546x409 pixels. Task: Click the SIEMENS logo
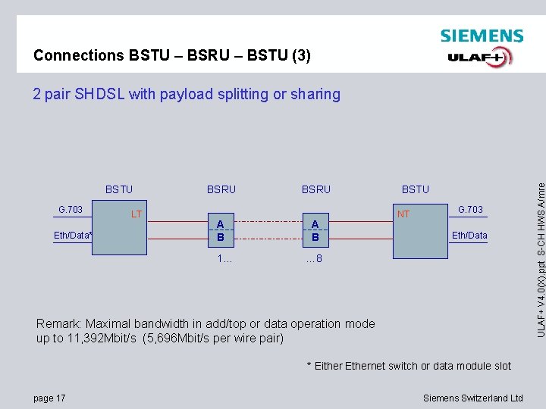482,36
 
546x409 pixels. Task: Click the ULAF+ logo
480,58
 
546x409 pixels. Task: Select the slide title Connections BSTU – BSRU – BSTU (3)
171,55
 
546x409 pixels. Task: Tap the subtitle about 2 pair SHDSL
187,94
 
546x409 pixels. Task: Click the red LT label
136,214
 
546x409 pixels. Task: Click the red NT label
403,214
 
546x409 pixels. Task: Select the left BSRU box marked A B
221,230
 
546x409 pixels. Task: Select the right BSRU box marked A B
315,230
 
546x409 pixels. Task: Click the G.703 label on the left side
71,208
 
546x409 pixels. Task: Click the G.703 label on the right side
470,209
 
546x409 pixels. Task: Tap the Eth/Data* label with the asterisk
73,236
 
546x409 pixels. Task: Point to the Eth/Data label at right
469,236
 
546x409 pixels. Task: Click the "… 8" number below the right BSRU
315,259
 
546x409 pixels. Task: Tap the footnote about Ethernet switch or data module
409,366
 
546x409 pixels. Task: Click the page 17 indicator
50,398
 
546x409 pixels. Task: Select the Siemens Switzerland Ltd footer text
472,398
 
